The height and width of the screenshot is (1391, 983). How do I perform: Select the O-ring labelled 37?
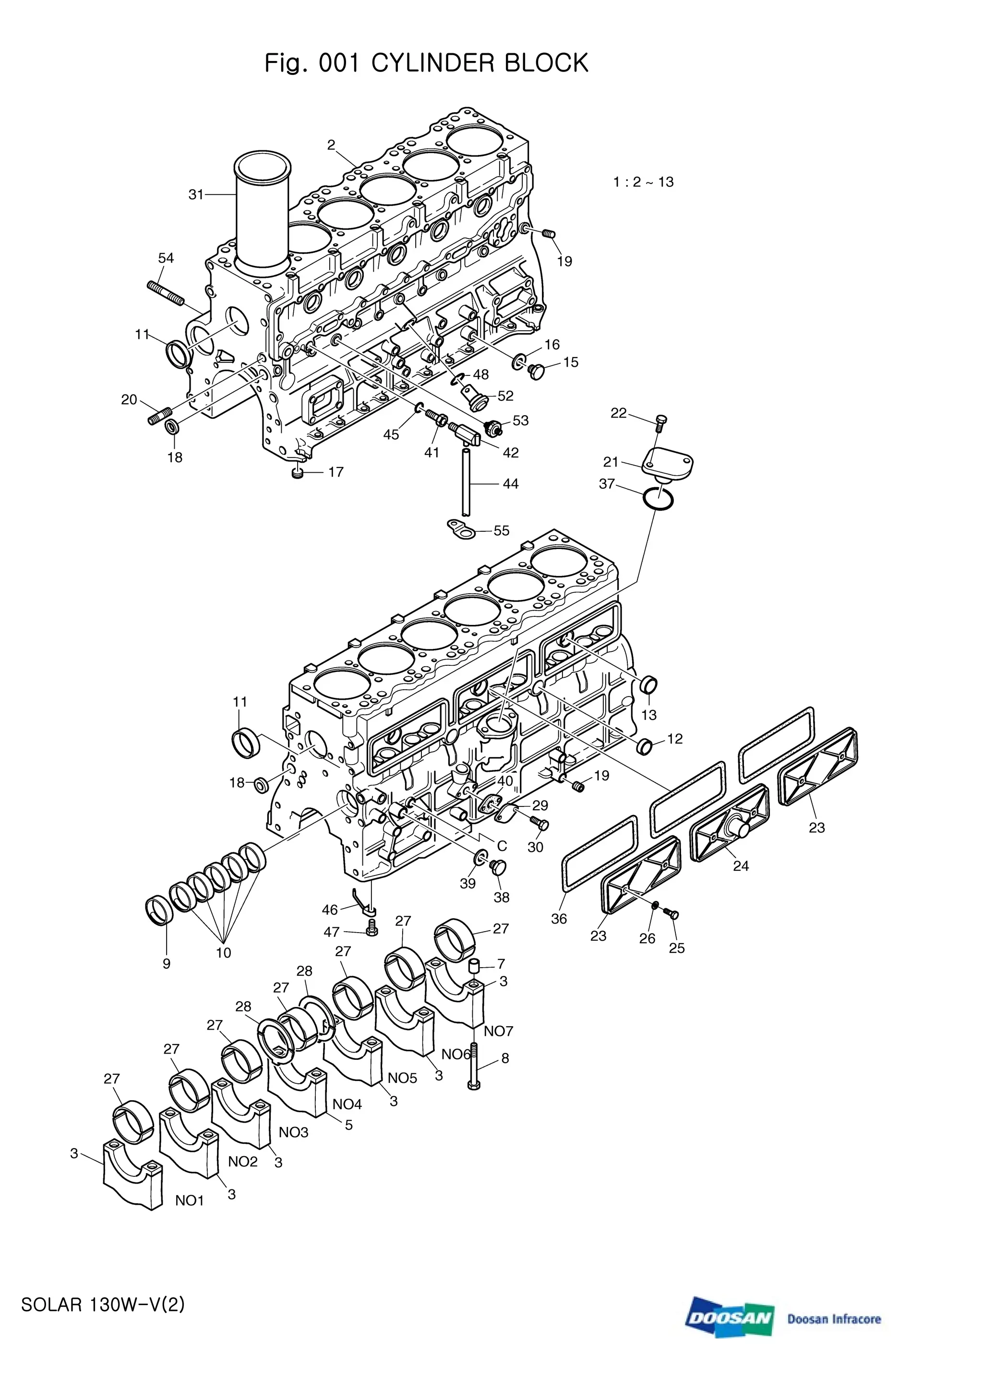(x=657, y=499)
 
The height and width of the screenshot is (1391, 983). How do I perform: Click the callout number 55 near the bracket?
(x=502, y=531)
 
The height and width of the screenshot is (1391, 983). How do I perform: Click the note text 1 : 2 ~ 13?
(x=643, y=182)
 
